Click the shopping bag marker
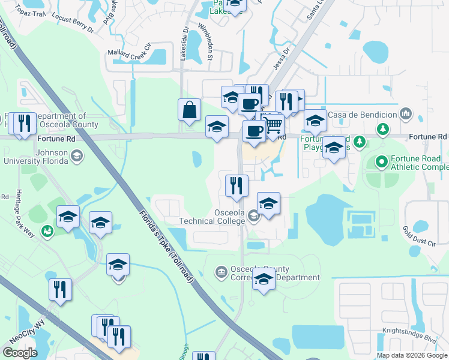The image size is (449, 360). click(189, 110)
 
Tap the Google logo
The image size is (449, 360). click(20, 353)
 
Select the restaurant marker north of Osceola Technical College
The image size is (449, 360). click(237, 186)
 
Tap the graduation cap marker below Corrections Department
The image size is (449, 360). click(264, 280)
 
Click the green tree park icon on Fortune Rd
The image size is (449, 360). click(360, 142)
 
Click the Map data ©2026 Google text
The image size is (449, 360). click(411, 355)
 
